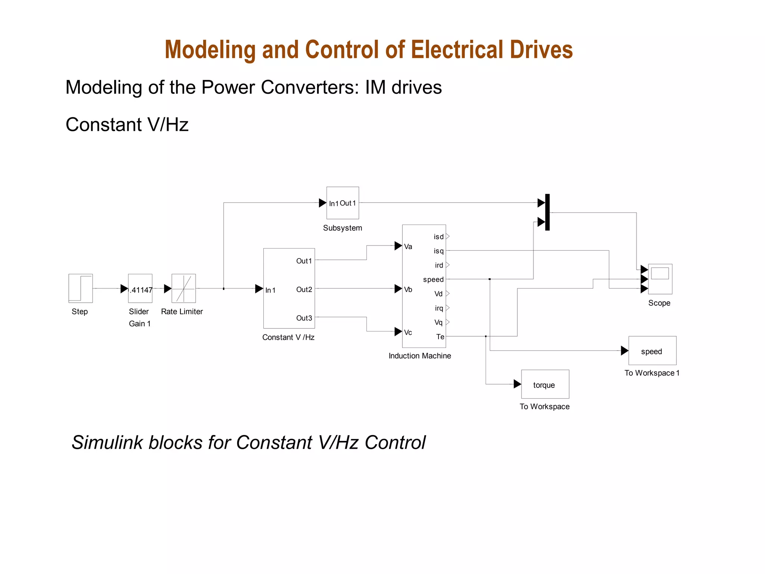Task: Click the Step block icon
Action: click(80, 288)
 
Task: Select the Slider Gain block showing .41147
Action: click(140, 288)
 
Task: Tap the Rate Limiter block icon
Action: click(183, 288)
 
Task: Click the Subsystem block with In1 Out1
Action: click(343, 203)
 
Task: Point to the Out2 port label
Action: click(304, 290)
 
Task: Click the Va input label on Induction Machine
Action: click(408, 247)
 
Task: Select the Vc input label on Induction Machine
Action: click(408, 333)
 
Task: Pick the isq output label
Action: click(439, 251)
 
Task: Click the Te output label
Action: click(440, 337)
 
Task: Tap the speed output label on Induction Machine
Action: click(433, 280)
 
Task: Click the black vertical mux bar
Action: click(547, 212)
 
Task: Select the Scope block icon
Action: click(660, 279)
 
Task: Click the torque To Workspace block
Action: click(545, 385)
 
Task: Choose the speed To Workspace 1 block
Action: click(652, 351)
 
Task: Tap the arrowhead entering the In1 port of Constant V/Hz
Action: click(259, 288)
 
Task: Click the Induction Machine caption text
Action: click(419, 356)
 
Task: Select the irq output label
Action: click(439, 308)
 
